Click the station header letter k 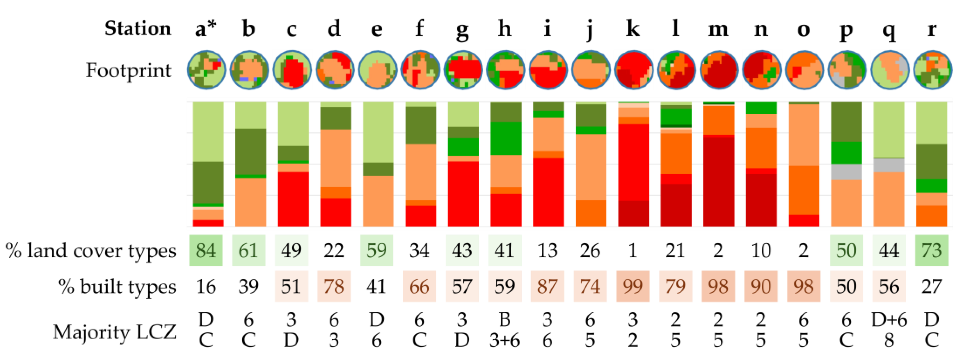[632, 29]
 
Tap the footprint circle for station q [889, 70]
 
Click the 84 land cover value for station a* [206, 250]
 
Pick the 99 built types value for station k [632, 287]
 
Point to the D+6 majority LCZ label [889, 320]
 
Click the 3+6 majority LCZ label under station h [505, 341]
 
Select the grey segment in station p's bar [846, 172]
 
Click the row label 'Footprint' [128, 71]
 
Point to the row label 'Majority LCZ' [114, 332]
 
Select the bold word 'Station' [138, 29]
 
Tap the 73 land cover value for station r [932, 250]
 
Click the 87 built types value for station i [547, 287]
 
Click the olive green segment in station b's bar [250, 152]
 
